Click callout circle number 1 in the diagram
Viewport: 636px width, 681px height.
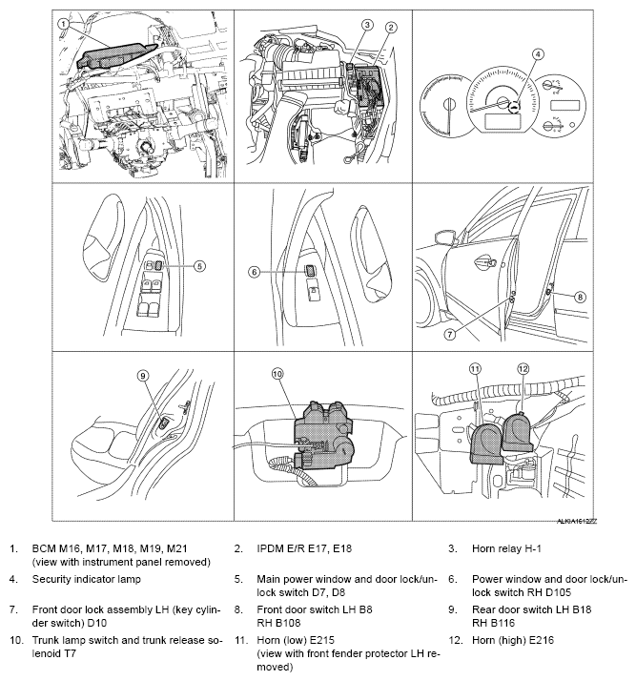point(63,22)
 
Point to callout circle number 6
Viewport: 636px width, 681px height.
point(255,272)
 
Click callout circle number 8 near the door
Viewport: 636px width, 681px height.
point(580,297)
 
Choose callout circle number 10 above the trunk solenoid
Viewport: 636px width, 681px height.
point(277,375)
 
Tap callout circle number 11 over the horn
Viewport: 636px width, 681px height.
point(476,368)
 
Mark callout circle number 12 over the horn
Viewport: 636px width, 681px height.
point(522,368)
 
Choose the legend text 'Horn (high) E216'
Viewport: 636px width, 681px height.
point(513,642)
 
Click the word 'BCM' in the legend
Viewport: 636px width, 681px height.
point(45,549)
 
